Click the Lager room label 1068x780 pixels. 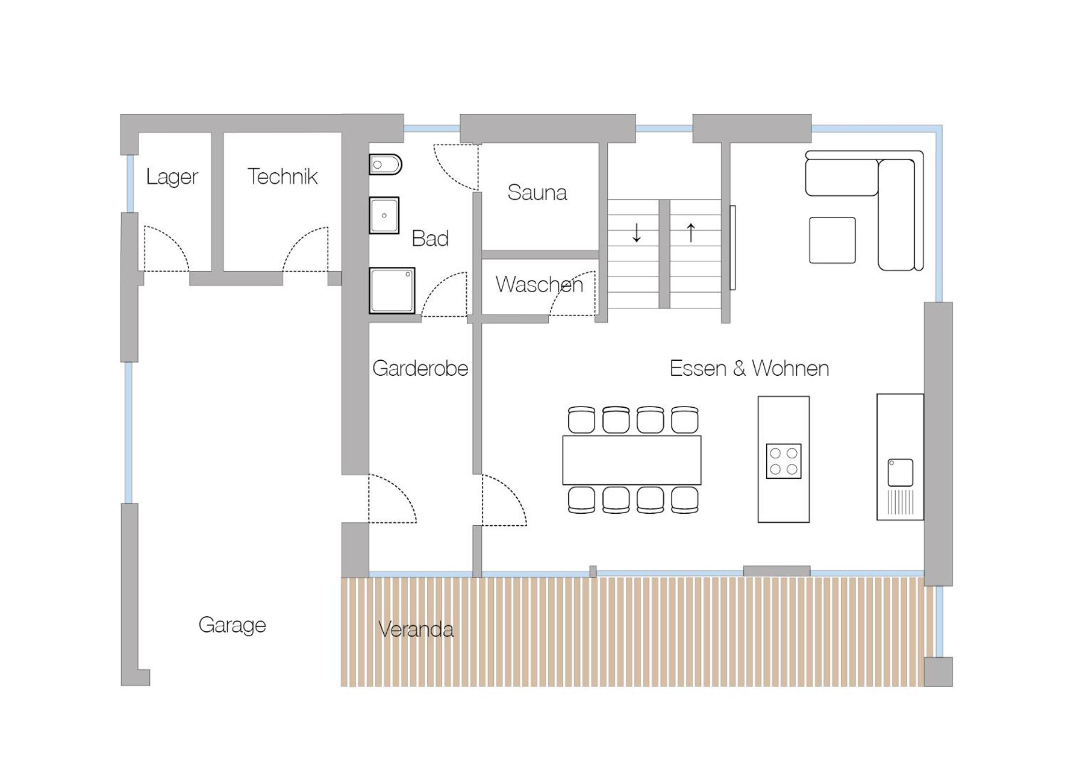[172, 177]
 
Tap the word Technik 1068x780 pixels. [282, 176]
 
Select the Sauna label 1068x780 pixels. [537, 193]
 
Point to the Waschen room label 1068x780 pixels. [539, 284]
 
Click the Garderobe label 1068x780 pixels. [420, 368]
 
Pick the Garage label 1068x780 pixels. [232, 625]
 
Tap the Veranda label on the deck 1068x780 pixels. [416, 629]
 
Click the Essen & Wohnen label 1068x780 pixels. [749, 368]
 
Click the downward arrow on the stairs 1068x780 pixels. [636, 232]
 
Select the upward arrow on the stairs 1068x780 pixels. [691, 232]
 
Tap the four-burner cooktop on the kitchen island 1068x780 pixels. [784, 461]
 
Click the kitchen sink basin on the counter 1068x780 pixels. [900, 473]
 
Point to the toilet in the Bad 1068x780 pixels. [386, 165]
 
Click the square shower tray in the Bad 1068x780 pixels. [392, 291]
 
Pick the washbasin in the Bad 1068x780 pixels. [384, 215]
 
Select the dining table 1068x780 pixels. [632, 460]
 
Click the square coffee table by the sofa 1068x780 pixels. [832, 240]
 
